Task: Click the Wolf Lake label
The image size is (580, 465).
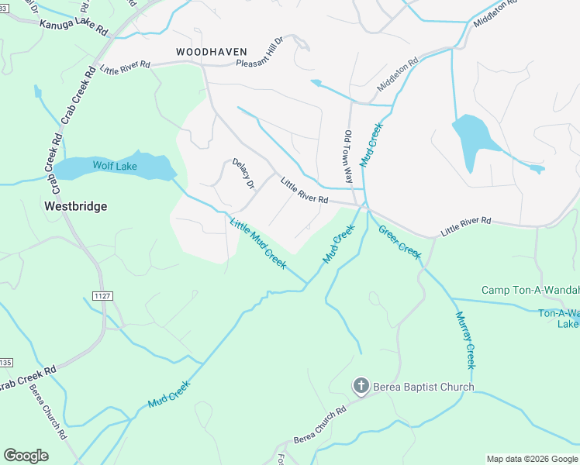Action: [115, 166]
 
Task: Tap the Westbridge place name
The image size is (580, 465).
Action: [75, 206]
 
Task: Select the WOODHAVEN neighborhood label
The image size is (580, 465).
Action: [205, 51]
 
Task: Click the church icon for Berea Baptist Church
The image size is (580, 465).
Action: [361, 386]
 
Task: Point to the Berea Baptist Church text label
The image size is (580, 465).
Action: [423, 387]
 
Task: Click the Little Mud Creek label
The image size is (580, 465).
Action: [257, 243]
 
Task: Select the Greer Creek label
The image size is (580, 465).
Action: [399, 239]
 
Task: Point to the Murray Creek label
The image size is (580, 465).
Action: [465, 340]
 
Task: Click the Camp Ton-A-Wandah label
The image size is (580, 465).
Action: [530, 290]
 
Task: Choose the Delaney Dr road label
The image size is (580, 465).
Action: [243, 173]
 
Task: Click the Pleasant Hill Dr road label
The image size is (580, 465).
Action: [265, 61]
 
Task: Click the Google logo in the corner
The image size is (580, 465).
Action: [26, 456]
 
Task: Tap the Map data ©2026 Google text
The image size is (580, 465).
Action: [531, 459]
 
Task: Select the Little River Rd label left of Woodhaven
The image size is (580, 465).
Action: [124, 69]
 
